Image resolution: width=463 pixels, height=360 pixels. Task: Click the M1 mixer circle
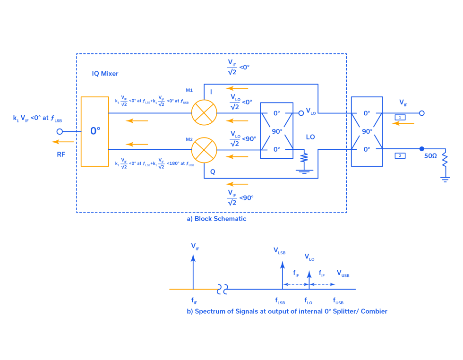[204, 113]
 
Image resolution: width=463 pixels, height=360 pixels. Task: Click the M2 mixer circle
[204, 150]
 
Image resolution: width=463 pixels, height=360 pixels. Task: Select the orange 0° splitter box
[94, 131]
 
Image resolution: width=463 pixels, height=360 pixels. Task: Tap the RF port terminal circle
[60, 132]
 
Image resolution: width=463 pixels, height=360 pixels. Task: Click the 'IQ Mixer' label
[105, 74]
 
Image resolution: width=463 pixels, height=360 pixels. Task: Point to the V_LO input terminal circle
[301, 113]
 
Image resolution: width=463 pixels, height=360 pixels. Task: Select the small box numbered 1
[400, 117]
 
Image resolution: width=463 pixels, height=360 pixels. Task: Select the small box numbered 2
[400, 155]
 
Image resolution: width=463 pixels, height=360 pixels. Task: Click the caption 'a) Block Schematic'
[217, 219]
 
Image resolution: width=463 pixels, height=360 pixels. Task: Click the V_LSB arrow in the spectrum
[282, 274]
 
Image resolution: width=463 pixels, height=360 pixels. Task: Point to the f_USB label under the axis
[338, 301]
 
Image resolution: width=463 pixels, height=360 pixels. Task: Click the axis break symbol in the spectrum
[223, 289]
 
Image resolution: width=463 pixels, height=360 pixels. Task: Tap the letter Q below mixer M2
[213, 172]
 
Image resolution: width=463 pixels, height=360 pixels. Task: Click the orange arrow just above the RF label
[62, 142]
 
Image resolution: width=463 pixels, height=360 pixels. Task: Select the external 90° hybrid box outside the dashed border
[367, 131]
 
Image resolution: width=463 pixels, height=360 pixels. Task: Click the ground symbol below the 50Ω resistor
[445, 178]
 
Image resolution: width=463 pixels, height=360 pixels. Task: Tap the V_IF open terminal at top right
[422, 113]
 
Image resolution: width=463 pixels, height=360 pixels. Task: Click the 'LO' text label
[310, 137]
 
